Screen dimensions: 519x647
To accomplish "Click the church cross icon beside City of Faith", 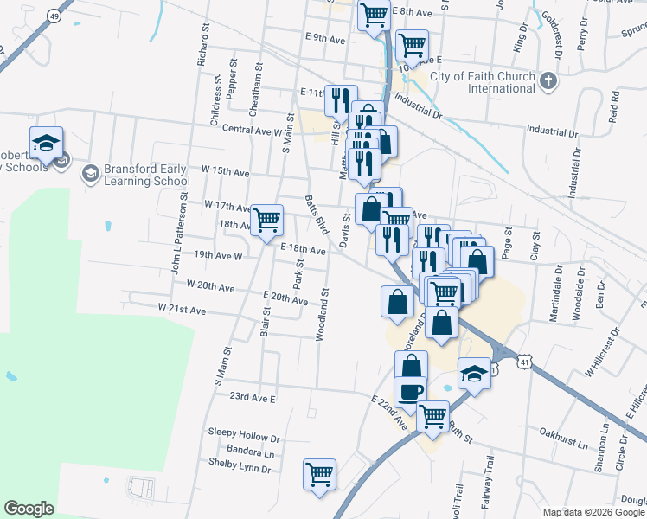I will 547,82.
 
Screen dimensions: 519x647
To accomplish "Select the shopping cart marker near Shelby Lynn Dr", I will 319,474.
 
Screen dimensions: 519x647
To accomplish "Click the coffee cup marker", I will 410,391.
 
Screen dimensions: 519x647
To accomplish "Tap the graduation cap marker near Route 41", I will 474,374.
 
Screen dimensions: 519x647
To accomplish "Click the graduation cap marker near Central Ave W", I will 46,142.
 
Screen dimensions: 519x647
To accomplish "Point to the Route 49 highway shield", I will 55,16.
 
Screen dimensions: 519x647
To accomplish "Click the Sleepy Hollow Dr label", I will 245,437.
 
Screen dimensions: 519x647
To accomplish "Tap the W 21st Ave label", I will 182,309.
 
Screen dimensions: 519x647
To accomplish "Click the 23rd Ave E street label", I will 251,398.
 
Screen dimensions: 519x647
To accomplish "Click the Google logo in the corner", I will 29,509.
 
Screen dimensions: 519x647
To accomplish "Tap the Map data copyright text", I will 593,513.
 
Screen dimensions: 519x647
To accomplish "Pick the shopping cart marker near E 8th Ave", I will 374,14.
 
